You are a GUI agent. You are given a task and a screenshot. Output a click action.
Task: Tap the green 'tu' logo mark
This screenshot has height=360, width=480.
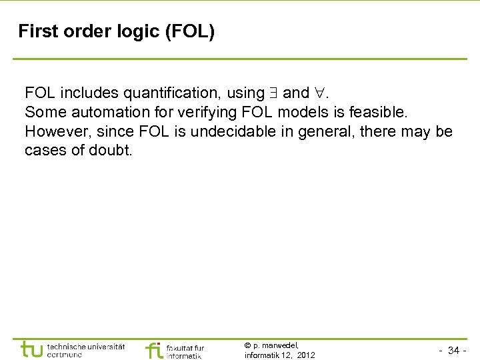32,349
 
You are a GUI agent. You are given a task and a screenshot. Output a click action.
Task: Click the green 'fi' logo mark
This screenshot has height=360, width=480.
154,349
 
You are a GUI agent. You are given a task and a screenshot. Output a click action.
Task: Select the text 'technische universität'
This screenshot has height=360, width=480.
86,346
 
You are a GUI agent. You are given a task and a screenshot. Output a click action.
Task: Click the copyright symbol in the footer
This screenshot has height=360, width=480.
248,345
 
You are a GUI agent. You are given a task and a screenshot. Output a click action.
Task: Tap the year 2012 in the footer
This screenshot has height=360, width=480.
306,355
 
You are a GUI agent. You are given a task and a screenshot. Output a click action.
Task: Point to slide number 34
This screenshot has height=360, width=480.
453,351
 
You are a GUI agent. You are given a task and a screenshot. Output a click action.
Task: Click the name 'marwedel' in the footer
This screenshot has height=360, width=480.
281,345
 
